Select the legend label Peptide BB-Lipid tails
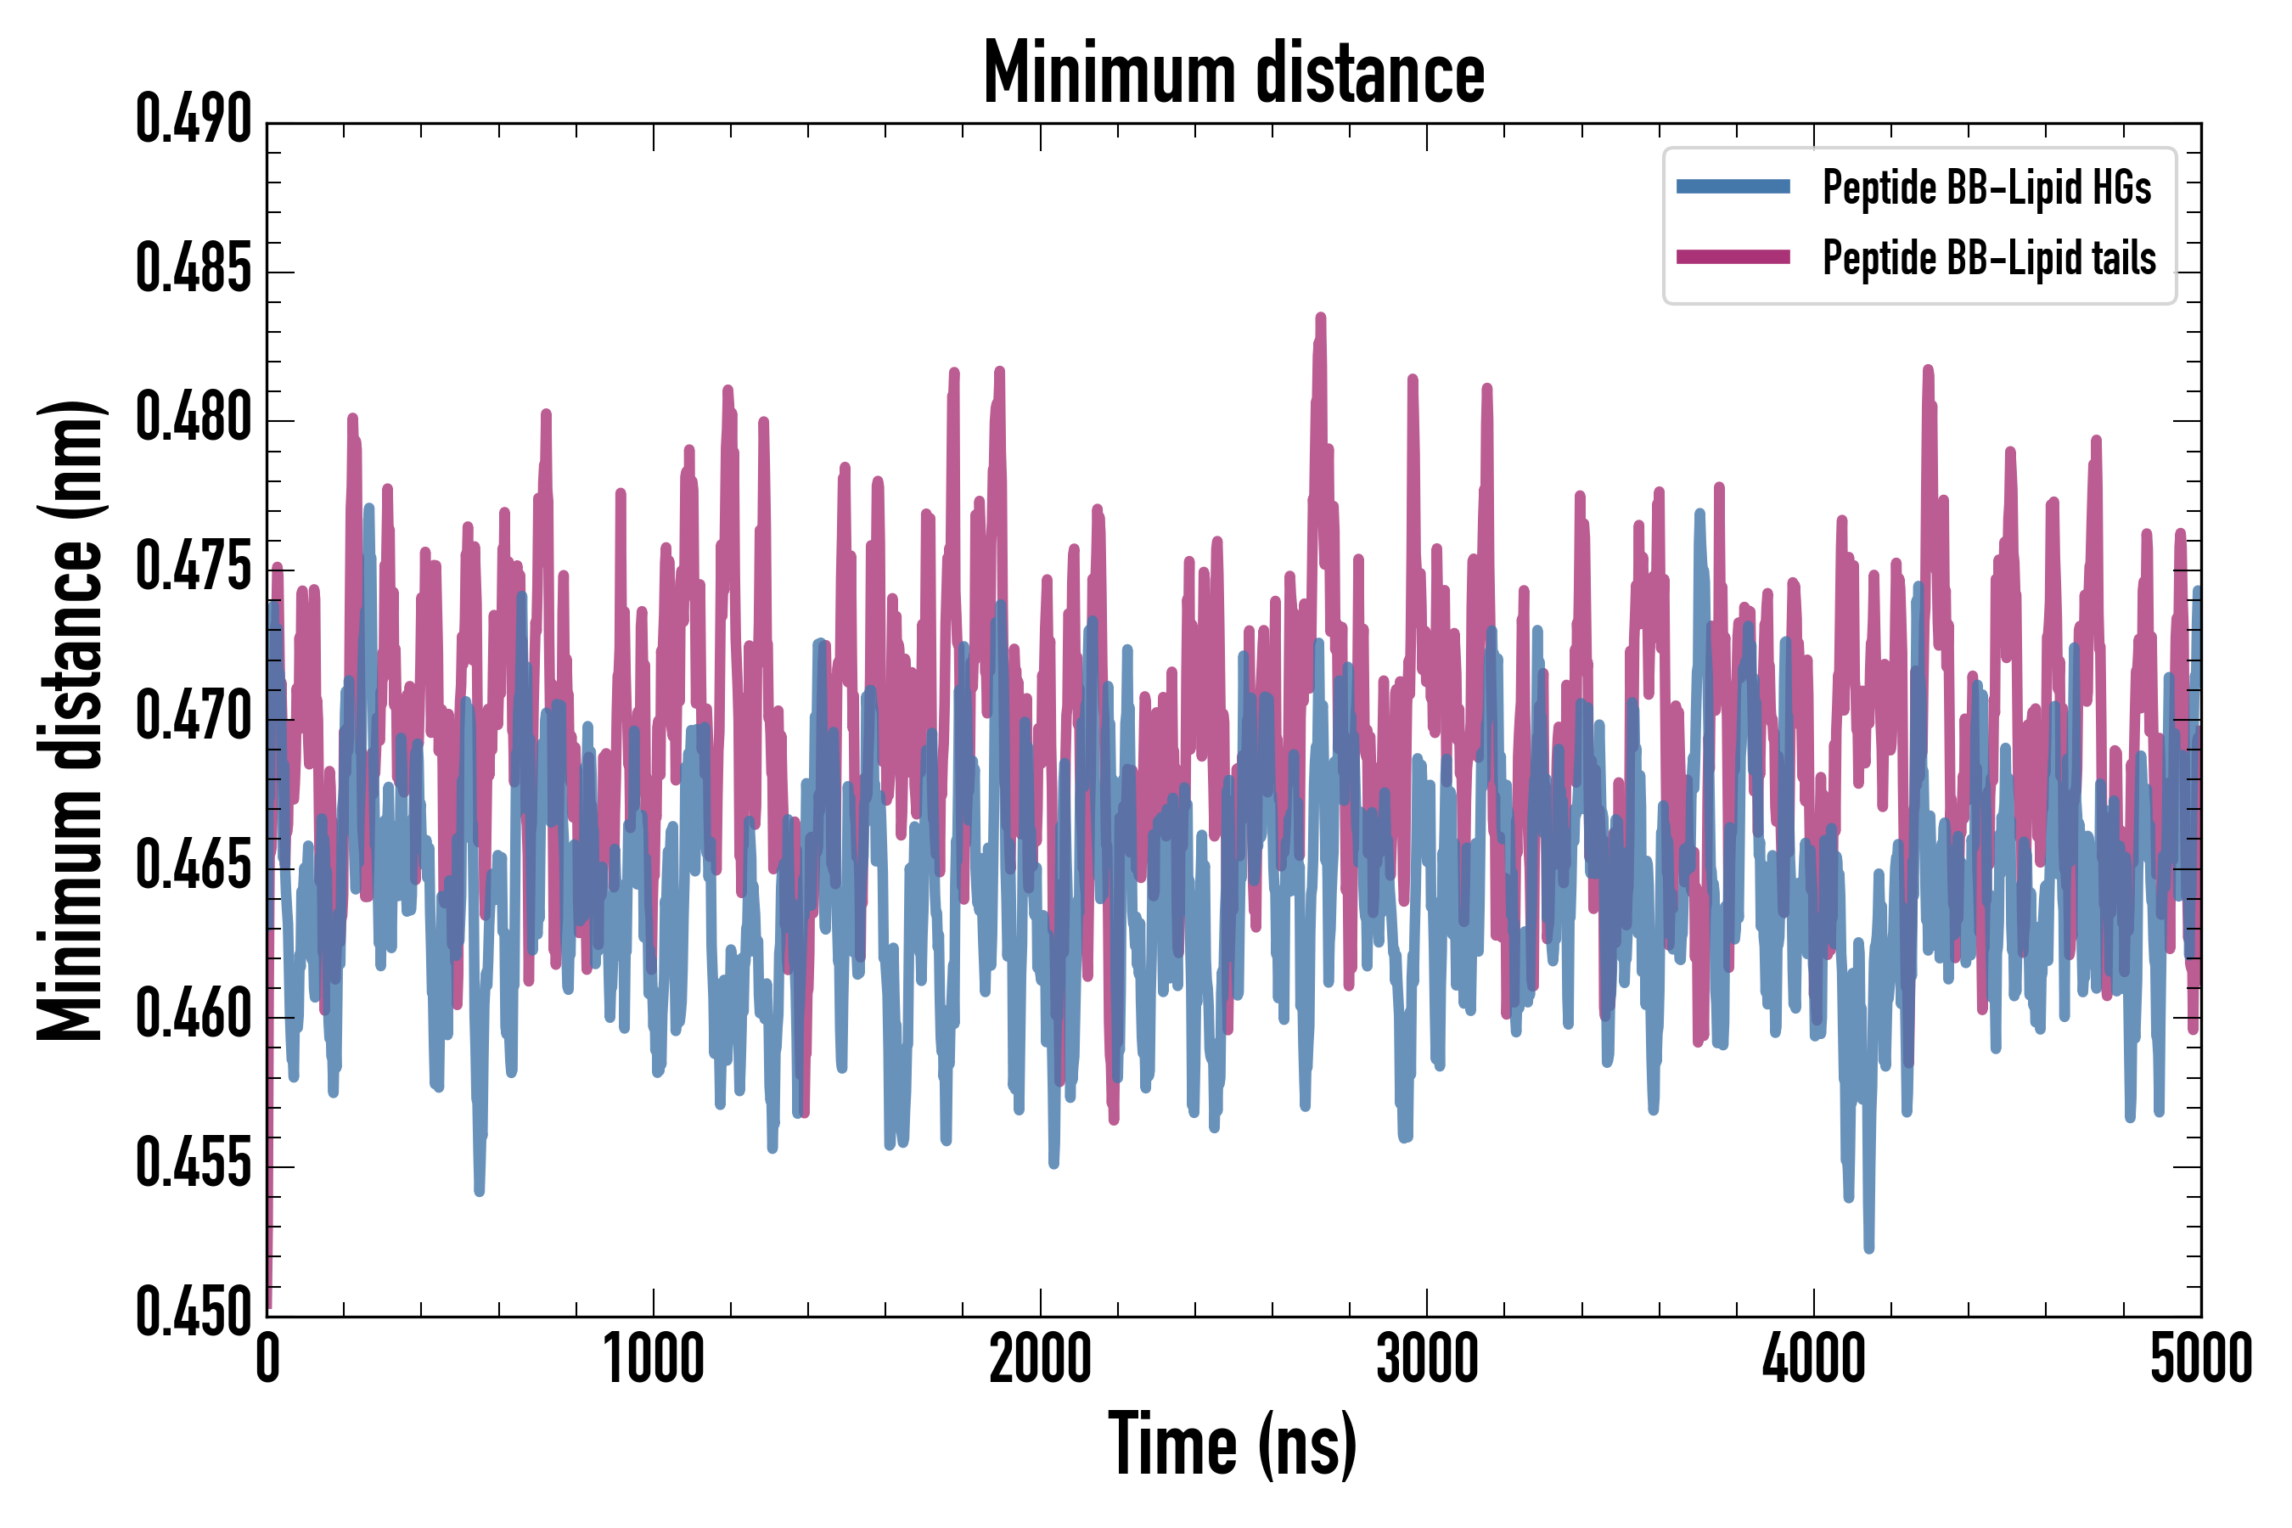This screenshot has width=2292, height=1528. pyautogui.click(x=1989, y=258)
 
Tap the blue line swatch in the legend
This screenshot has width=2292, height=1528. pyautogui.click(x=1733, y=187)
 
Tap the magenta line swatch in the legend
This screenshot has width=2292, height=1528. pyautogui.click(x=1733, y=257)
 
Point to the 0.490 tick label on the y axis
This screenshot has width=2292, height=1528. pyautogui.click(x=193, y=121)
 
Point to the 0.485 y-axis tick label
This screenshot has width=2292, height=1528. pyautogui.click(x=193, y=270)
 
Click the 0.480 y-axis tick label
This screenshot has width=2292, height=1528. pyautogui.click(x=193, y=419)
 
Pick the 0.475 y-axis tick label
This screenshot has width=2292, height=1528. pyautogui.click(x=193, y=568)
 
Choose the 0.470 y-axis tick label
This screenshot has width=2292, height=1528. pyautogui.click(x=193, y=717)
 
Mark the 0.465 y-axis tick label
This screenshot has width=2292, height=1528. pyautogui.click(x=193, y=867)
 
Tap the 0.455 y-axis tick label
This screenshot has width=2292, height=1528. pyautogui.click(x=193, y=1165)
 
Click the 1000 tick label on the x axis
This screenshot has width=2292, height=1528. pyautogui.click(x=653, y=1361)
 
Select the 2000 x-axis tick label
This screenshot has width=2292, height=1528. pyautogui.click(x=1040, y=1361)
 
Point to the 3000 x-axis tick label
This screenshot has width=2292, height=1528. pyautogui.click(x=1427, y=1361)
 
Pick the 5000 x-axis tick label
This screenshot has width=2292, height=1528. pyautogui.click(x=2200, y=1361)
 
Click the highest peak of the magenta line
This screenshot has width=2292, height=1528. pyautogui.click(x=1320, y=317)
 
